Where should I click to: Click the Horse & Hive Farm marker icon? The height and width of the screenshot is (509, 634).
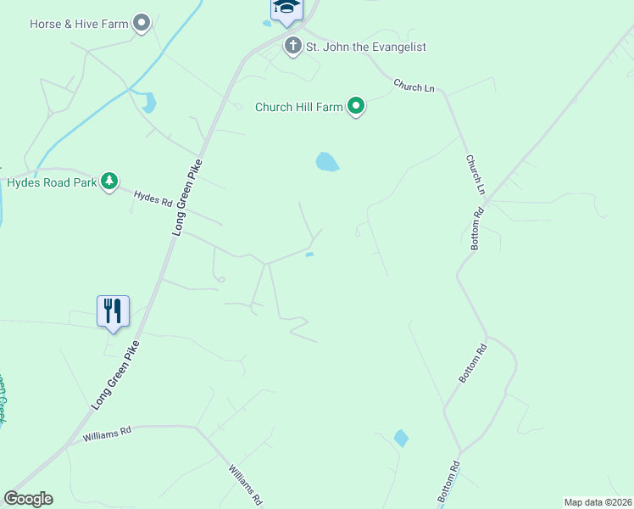coord(142,23)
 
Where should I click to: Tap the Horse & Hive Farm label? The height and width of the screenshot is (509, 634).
coord(79,24)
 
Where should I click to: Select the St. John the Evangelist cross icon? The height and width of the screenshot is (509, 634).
coord(293,46)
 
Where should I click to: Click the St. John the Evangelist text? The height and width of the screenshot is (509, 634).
coord(366,47)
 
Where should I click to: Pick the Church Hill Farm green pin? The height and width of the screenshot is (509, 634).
coord(357,106)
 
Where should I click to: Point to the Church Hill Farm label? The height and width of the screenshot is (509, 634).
coord(298,107)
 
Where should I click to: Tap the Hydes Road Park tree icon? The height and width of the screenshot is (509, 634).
coord(108,182)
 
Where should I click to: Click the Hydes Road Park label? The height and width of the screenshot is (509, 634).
coord(51,182)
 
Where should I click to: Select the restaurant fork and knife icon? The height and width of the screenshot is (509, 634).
coord(113,311)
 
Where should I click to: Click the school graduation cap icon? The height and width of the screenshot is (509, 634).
coord(286,8)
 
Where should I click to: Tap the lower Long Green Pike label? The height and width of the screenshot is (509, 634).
coord(115,376)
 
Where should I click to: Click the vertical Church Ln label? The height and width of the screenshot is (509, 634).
coord(475,175)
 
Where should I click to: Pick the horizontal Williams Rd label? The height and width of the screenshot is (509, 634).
coord(107,434)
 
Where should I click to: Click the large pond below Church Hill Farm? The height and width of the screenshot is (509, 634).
coord(327,161)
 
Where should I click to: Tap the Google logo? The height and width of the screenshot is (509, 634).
coord(28,499)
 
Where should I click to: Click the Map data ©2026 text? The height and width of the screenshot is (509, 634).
coord(598,501)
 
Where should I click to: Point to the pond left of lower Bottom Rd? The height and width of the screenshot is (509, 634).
coord(401,439)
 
